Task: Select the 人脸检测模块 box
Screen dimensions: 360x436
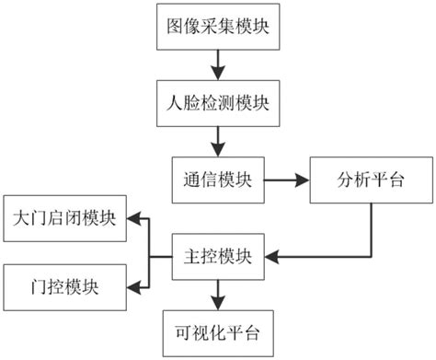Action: pyautogui.click(x=217, y=102)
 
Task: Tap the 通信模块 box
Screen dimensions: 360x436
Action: pyautogui.click(x=217, y=179)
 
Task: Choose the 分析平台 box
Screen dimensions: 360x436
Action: pyautogui.click(x=371, y=179)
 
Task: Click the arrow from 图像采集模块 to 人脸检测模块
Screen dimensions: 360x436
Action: pyautogui.click(x=217, y=64)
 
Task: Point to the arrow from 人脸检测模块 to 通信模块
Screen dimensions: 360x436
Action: pyautogui.click(x=217, y=140)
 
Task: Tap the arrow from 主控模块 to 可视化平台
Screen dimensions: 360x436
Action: pyautogui.click(x=217, y=293)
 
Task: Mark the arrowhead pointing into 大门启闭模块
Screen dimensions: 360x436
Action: pyautogui.click(x=133, y=219)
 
